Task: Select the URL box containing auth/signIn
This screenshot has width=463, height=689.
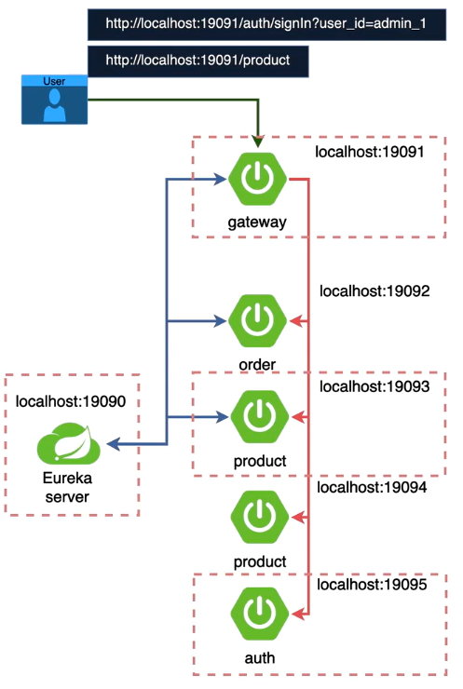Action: [x=265, y=23]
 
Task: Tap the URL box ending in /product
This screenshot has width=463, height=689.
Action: [x=197, y=61]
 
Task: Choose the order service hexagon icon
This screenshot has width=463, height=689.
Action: [x=257, y=321]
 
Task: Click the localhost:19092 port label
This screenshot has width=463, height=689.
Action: [x=374, y=290]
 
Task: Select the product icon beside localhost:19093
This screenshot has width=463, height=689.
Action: [x=257, y=418]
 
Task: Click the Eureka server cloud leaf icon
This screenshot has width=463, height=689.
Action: [x=70, y=446]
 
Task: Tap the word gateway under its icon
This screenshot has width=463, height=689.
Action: [x=256, y=223]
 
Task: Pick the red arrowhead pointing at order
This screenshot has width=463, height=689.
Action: [x=296, y=321]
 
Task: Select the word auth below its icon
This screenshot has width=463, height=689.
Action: [x=256, y=657]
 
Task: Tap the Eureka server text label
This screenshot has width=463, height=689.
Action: [x=69, y=487]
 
